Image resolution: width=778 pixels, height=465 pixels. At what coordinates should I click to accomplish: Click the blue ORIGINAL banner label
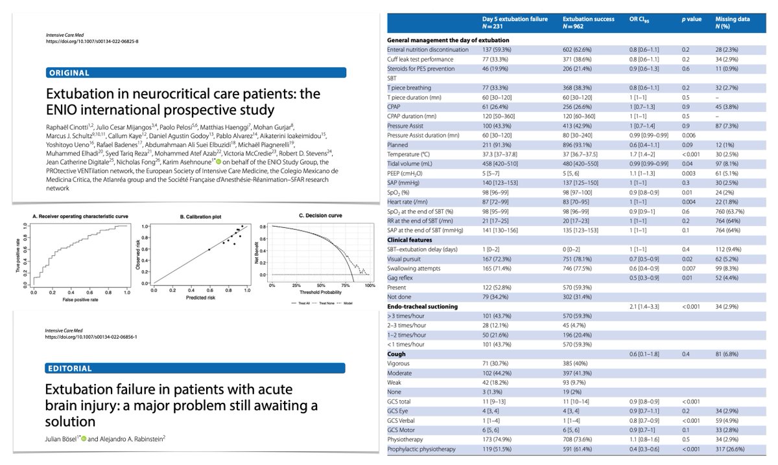click(x=68, y=73)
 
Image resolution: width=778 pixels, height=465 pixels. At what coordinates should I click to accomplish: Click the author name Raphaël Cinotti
click(x=69, y=127)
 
